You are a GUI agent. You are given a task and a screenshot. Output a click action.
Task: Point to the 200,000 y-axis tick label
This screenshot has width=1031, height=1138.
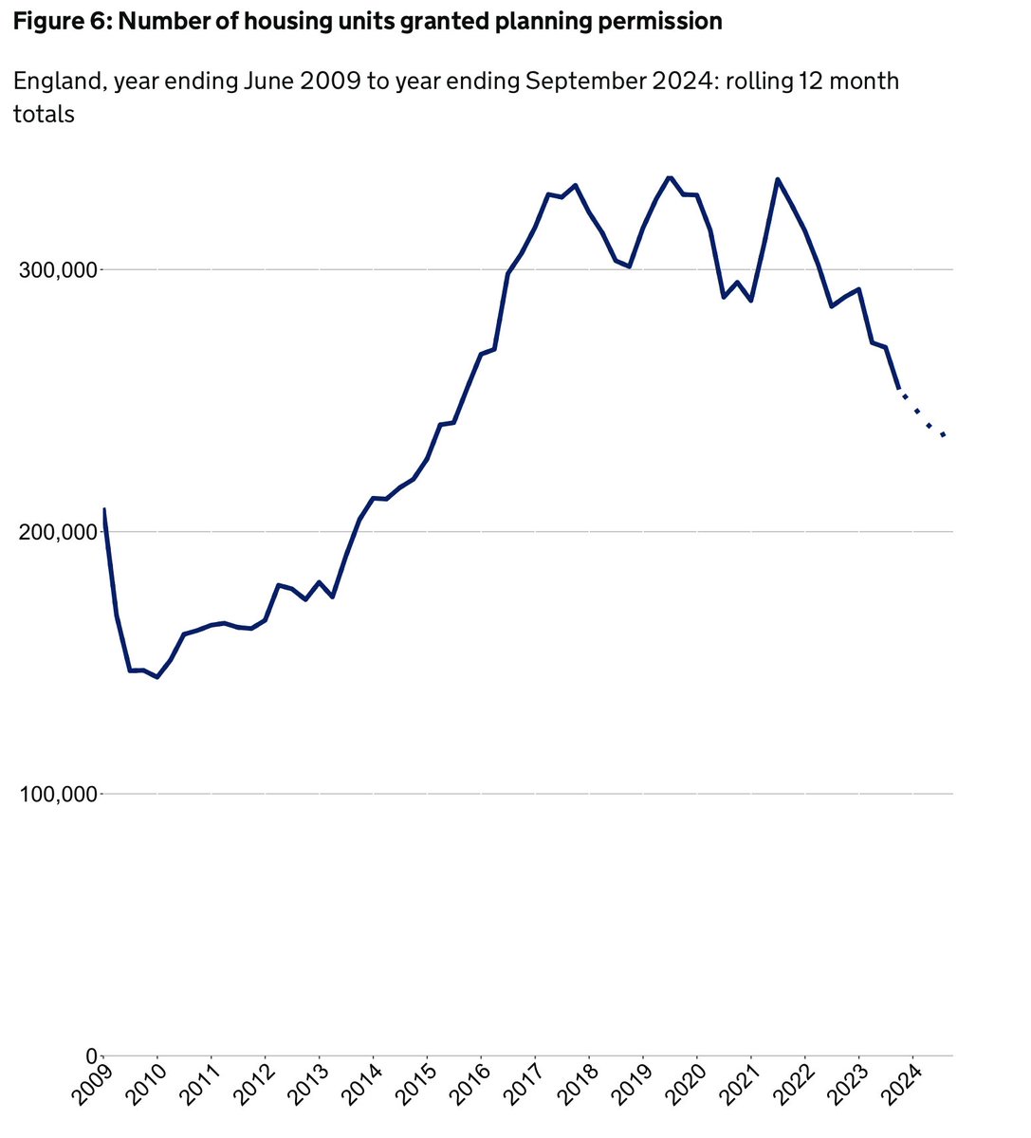click(58, 532)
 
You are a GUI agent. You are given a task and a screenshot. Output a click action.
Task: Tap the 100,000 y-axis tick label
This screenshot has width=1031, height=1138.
click(58, 794)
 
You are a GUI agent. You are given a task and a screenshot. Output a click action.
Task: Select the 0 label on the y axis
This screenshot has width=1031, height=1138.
click(91, 1055)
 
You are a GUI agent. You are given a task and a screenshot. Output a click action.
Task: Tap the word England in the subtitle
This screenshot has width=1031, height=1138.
click(57, 82)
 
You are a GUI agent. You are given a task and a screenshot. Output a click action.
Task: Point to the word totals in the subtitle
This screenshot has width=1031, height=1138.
click(44, 115)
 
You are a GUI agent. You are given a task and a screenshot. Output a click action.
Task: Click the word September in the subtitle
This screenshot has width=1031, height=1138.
click(580, 82)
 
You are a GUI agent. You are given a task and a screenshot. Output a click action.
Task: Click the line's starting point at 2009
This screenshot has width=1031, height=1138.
click(103, 509)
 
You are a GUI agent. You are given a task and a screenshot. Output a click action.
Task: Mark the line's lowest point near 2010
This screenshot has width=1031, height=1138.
click(157, 677)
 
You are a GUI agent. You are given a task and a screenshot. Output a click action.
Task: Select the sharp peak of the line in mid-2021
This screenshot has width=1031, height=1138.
click(778, 179)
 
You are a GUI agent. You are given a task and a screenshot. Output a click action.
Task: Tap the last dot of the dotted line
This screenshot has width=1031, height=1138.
click(944, 435)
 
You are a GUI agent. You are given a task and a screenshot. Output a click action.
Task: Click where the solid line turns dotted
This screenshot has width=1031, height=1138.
click(900, 389)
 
